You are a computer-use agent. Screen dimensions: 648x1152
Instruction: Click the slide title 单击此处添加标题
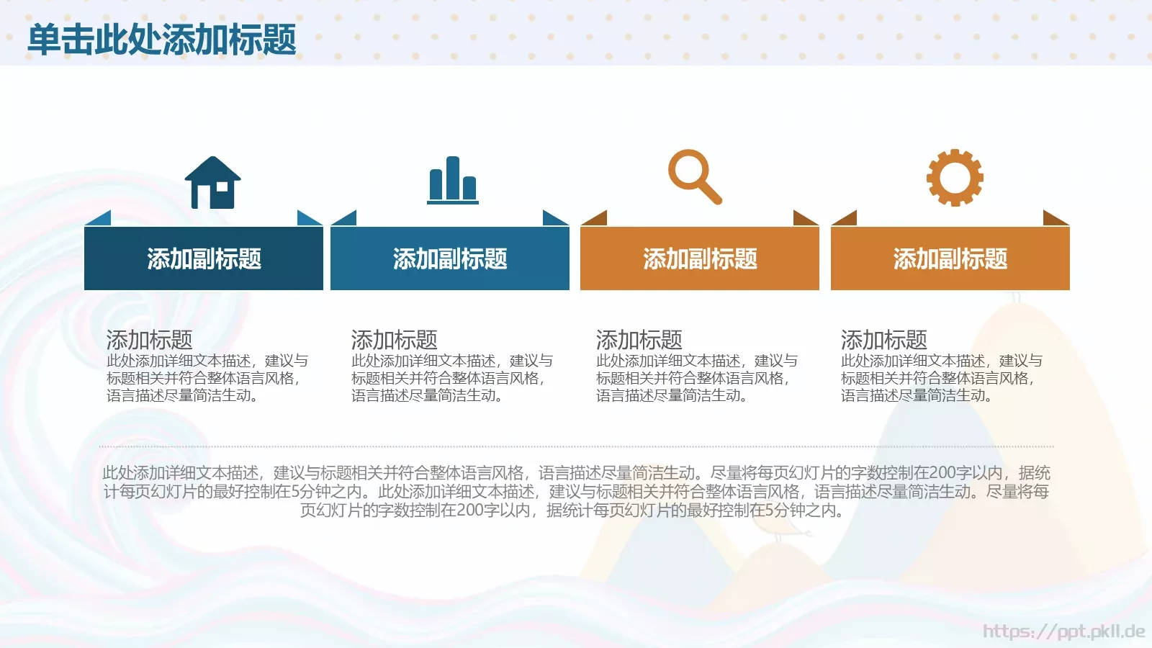coord(162,40)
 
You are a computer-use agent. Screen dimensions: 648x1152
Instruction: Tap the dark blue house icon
coord(212,184)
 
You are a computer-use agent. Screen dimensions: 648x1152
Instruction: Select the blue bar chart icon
coord(452,181)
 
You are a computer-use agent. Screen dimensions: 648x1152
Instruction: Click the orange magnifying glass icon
coord(693,176)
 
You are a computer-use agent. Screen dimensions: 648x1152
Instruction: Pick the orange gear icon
coord(955,178)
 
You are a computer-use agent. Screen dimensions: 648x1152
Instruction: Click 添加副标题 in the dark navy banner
coord(204,259)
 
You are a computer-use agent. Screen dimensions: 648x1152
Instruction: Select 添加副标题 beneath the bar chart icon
coord(450,259)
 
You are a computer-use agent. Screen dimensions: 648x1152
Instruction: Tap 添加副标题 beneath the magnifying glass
coord(700,259)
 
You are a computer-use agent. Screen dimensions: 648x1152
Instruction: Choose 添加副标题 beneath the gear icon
coord(950,259)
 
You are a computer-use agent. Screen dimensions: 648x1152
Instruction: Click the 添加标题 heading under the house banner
coord(149,339)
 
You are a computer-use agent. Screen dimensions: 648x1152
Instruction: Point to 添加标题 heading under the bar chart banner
coord(394,339)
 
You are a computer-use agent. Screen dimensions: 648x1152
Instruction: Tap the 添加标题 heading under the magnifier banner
coord(639,339)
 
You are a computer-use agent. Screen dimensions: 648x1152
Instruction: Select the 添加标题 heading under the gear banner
coord(883,339)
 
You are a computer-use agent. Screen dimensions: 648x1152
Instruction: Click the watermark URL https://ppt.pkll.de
coord(1063,631)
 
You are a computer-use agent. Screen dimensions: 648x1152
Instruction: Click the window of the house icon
coord(222,186)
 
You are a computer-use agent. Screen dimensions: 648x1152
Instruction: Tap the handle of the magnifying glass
coord(710,193)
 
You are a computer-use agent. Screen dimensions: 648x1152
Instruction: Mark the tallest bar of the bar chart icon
coord(452,178)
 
